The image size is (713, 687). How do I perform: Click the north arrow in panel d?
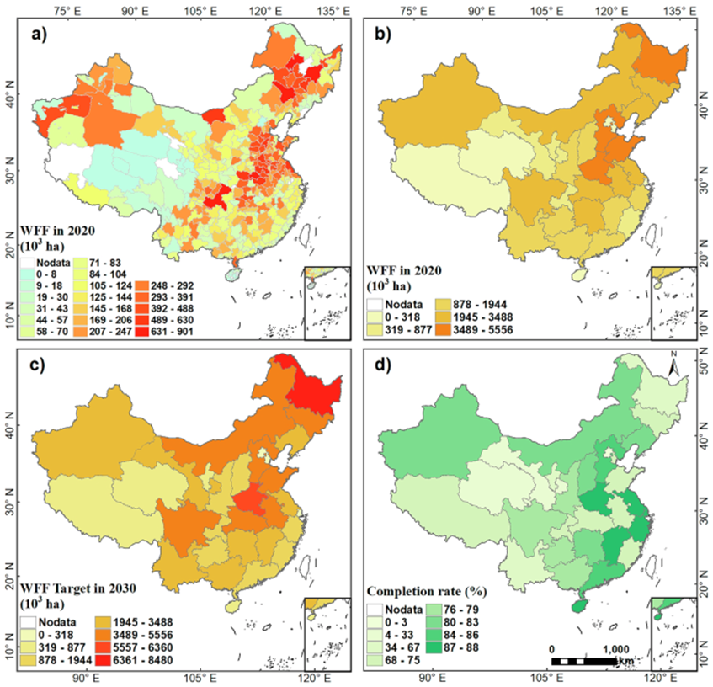673,366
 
